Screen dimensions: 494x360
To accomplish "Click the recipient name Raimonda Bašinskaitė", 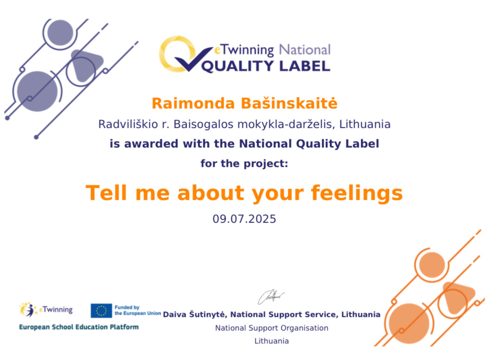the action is (x=245, y=103).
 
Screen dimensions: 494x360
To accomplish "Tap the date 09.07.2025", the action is (x=244, y=219).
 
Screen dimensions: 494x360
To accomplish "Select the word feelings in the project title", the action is (x=357, y=193).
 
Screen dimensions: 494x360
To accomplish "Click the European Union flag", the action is (x=101, y=310).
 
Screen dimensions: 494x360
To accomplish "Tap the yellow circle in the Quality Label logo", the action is (x=175, y=53).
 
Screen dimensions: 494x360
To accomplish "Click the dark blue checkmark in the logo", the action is (x=193, y=59).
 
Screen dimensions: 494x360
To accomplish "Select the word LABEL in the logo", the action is (x=305, y=66).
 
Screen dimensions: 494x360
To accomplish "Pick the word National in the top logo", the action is (x=305, y=50).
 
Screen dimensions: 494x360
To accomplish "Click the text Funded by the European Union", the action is (x=138, y=310).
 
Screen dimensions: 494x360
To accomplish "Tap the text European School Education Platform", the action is (x=79, y=327).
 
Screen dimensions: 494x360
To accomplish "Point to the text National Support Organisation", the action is (x=272, y=328).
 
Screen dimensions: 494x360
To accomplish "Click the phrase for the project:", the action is (x=244, y=164).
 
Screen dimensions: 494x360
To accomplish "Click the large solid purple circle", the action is (x=38, y=92).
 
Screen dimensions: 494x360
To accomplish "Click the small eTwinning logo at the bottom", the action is (x=46, y=310).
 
